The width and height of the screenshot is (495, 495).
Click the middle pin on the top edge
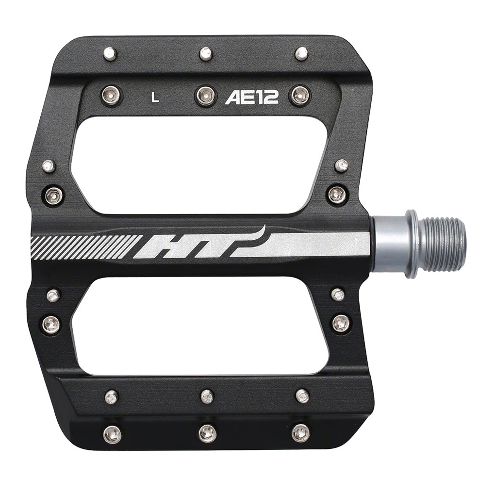click(x=206, y=53)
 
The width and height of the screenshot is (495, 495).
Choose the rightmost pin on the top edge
click(x=301, y=53)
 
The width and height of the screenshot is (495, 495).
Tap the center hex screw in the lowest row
click(x=207, y=432)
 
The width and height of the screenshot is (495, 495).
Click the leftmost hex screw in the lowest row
click(x=113, y=433)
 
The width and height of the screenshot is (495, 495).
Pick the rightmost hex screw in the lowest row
click(x=300, y=432)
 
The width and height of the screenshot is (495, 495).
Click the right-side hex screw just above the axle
click(x=338, y=195)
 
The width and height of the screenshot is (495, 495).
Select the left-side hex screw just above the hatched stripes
click(x=54, y=196)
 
